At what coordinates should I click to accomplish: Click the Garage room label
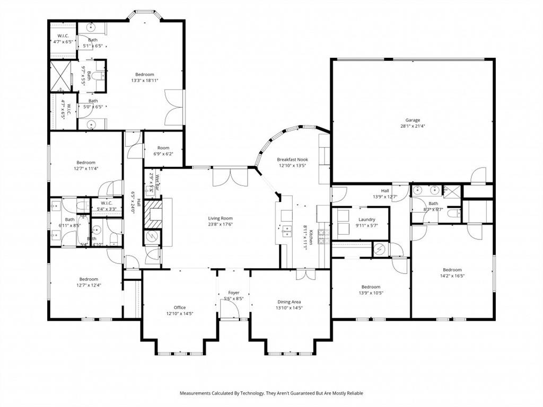click(x=413, y=120)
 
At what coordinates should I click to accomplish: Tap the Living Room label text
click(x=220, y=218)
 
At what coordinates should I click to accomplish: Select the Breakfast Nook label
click(x=292, y=160)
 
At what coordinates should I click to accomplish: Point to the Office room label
click(x=180, y=307)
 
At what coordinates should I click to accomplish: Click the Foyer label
click(x=233, y=293)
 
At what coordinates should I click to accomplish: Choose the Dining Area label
click(x=288, y=302)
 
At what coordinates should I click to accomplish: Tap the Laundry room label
click(x=366, y=219)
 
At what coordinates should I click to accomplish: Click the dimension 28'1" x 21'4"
click(x=413, y=127)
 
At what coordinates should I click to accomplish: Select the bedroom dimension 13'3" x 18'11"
click(x=145, y=81)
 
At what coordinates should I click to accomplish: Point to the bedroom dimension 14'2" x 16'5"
click(x=452, y=276)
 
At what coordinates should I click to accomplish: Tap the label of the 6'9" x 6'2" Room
click(x=163, y=148)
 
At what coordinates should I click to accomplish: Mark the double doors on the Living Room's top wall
click(x=230, y=177)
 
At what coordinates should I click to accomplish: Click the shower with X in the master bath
click(x=60, y=76)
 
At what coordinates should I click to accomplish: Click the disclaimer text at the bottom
click(x=271, y=393)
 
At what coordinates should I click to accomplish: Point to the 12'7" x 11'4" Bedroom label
click(x=86, y=163)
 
